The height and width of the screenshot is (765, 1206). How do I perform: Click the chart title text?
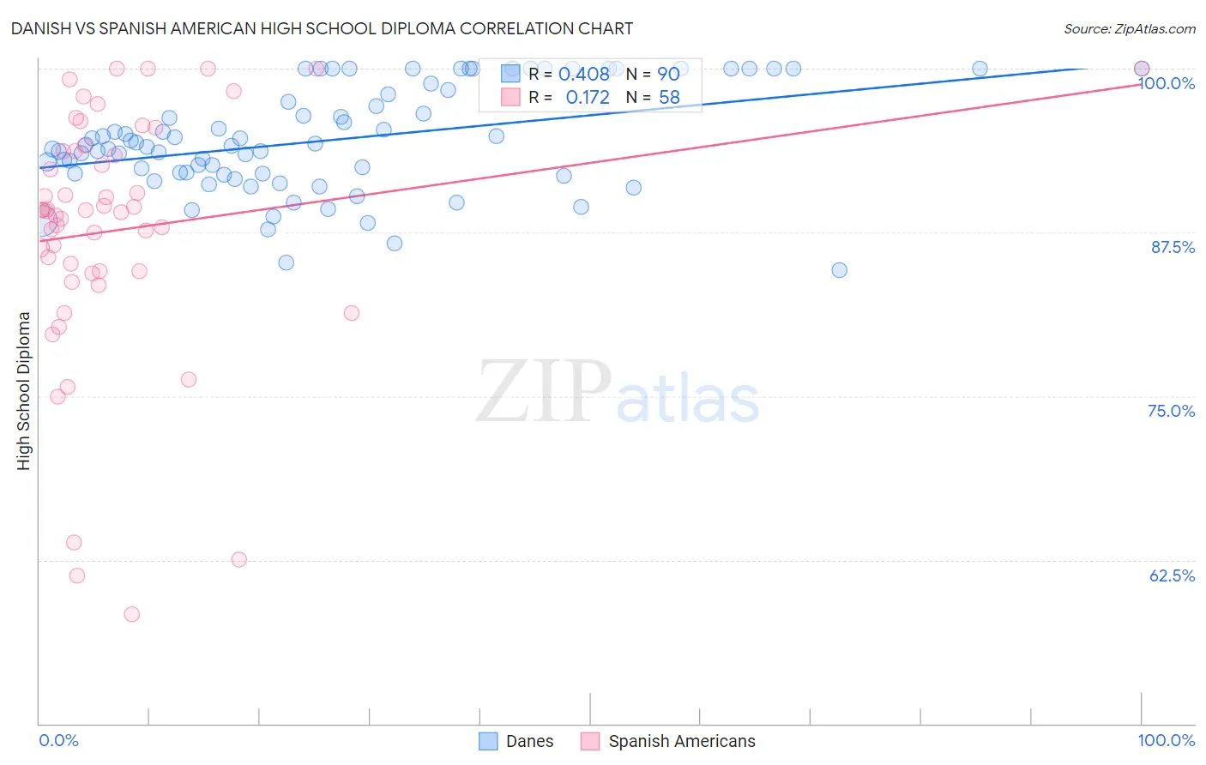click(322, 28)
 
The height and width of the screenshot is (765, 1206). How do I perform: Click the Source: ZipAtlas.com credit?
click(1129, 28)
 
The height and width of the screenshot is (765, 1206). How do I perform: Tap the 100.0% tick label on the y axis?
click(1167, 83)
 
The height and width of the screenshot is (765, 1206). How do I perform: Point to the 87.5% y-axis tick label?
click(1173, 247)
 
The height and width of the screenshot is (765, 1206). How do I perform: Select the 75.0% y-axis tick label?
click(1172, 411)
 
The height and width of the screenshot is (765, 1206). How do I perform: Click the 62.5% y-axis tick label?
click(1172, 575)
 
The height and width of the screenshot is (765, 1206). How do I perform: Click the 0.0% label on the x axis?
click(58, 740)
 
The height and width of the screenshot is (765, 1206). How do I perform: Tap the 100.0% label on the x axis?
click(1166, 740)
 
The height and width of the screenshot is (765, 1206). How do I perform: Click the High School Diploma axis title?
click(24, 390)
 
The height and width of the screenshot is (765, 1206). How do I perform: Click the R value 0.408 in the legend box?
click(583, 75)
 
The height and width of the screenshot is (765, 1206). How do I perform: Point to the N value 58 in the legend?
click(669, 98)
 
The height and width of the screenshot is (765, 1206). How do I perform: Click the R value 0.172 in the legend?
click(588, 98)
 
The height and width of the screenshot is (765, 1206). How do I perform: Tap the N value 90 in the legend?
click(668, 75)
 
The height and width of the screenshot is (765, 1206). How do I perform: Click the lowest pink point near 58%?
click(131, 614)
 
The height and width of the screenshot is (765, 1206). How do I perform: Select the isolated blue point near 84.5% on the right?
click(839, 270)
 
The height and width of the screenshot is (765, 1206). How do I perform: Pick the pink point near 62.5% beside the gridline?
click(239, 559)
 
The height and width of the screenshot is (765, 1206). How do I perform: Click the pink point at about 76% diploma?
click(189, 379)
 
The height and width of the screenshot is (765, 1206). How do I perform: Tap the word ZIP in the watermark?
click(544, 392)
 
